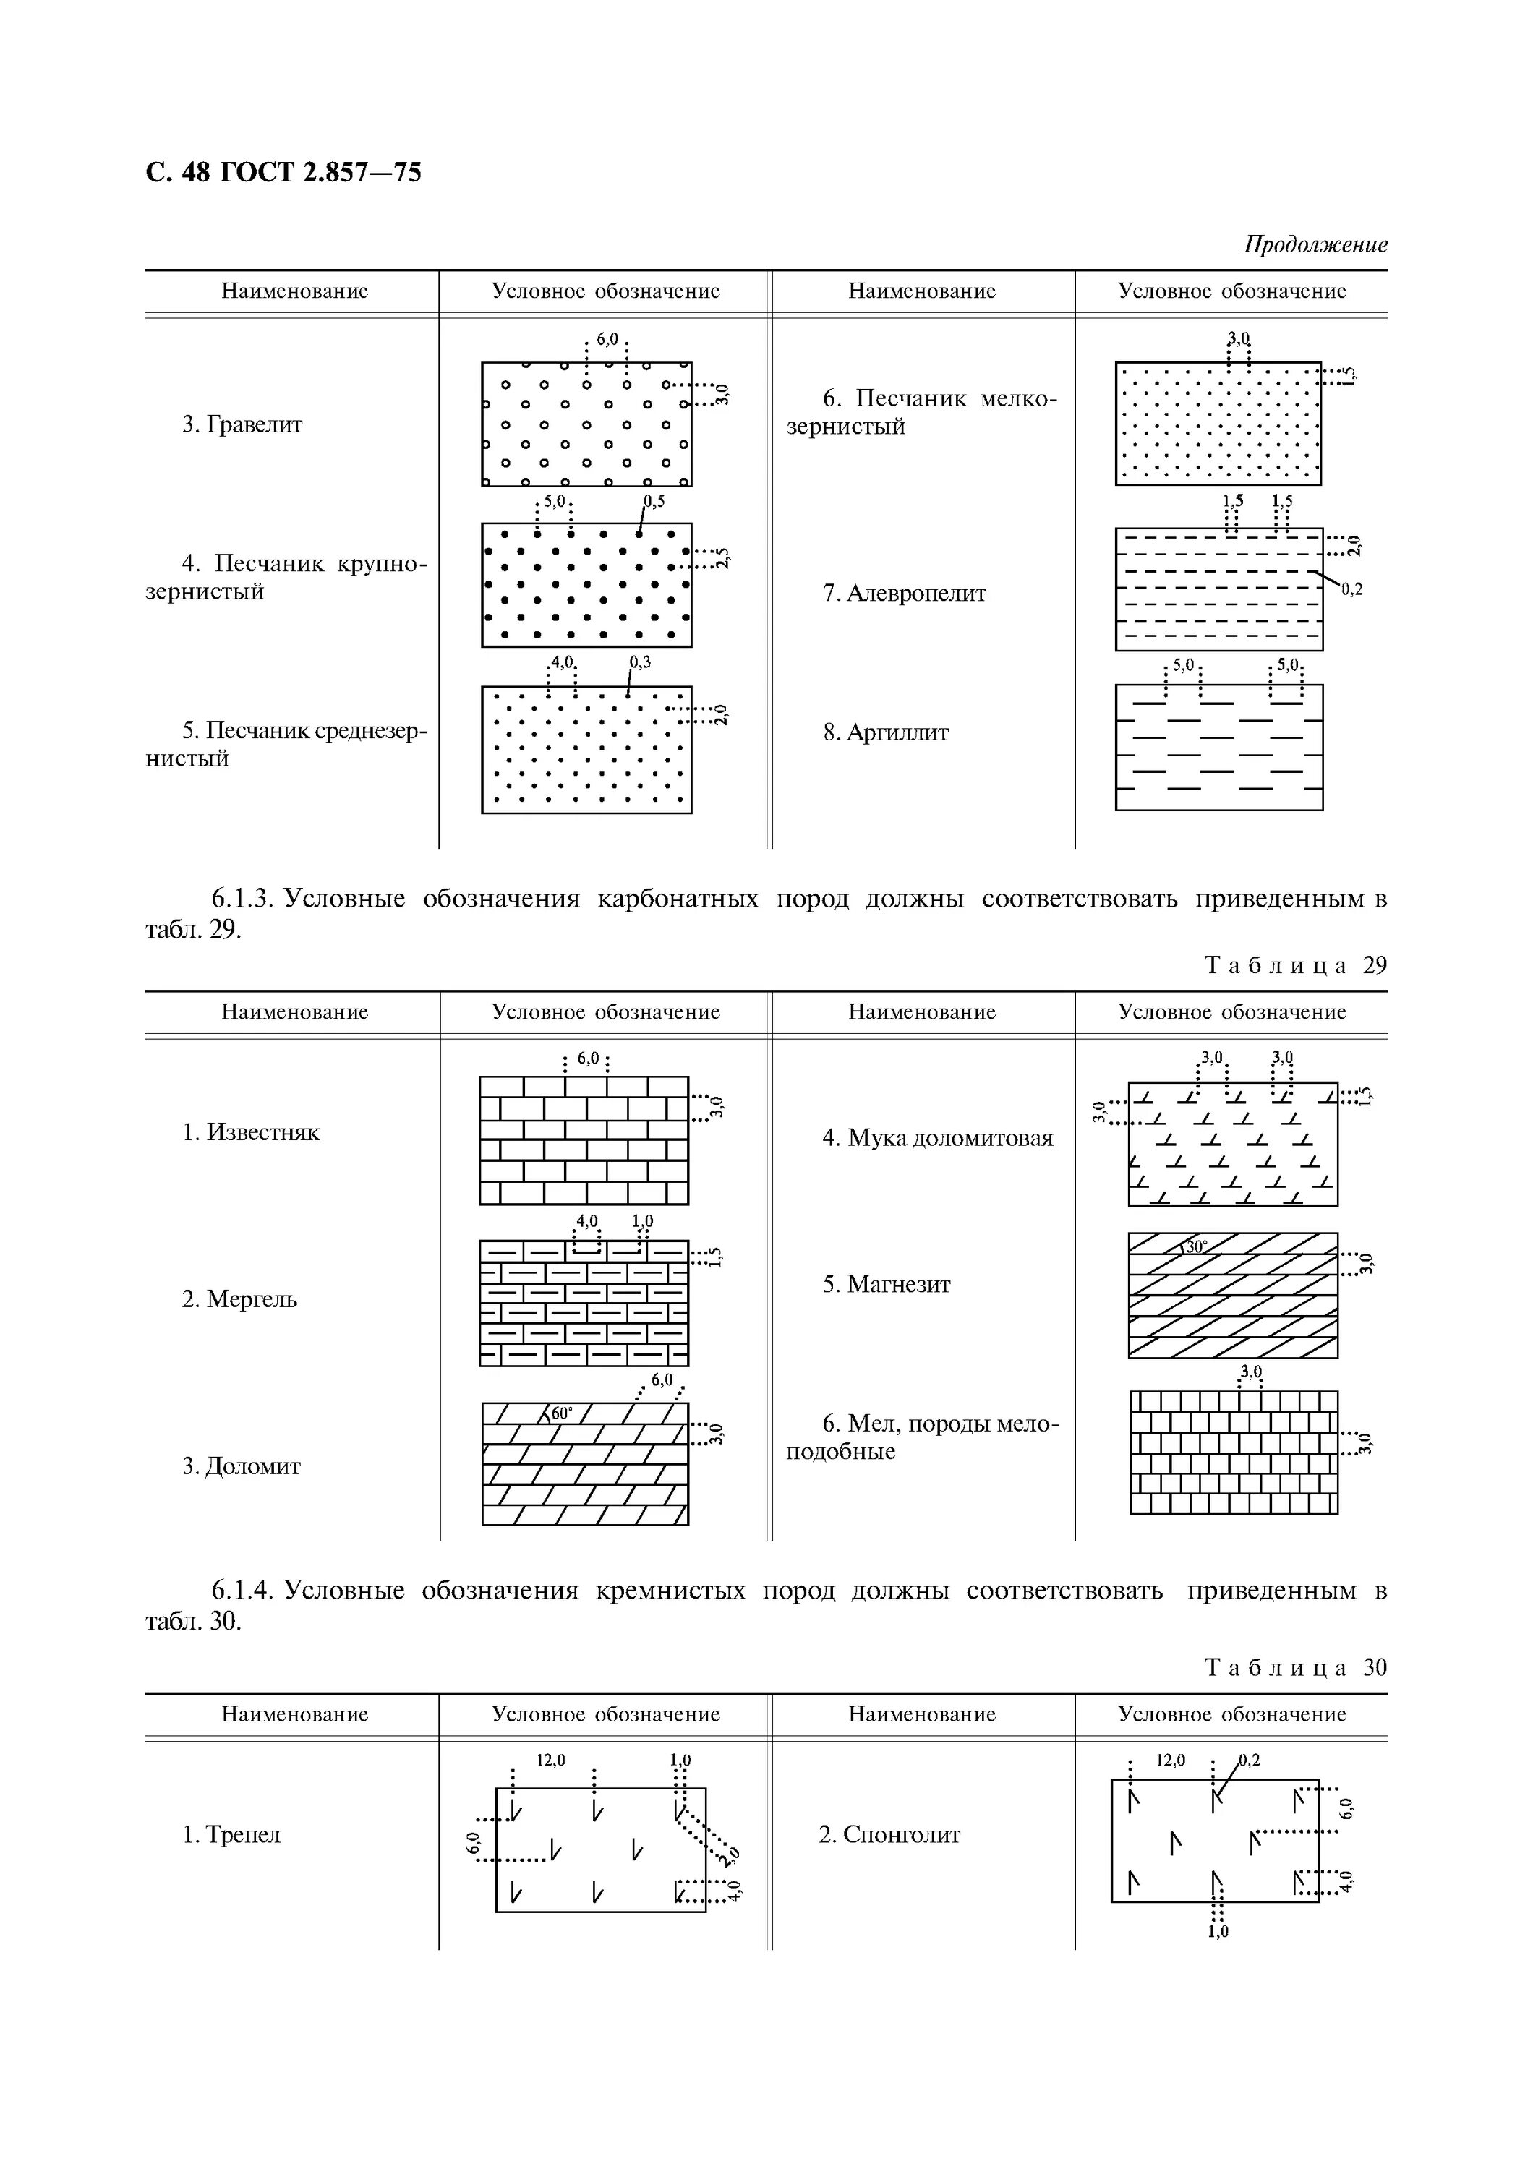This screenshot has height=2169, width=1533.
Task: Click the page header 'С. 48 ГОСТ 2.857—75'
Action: coord(283,173)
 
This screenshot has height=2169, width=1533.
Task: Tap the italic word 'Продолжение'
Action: coord(1315,244)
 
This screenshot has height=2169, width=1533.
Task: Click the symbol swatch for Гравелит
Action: coord(586,424)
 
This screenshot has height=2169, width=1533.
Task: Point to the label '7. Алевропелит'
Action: coord(904,594)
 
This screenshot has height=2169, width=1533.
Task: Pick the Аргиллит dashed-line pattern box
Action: coord(1218,748)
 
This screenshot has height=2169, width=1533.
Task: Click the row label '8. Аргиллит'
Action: coord(885,732)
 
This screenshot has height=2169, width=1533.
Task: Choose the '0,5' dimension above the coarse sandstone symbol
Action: coord(654,502)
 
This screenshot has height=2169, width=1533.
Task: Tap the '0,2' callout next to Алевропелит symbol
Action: coord(1351,589)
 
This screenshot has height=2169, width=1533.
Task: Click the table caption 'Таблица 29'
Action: coord(1296,964)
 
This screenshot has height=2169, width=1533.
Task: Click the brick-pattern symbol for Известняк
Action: coord(584,1140)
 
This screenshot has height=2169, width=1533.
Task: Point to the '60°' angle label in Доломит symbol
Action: coord(561,1414)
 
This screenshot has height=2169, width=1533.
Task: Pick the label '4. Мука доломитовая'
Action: coord(937,1137)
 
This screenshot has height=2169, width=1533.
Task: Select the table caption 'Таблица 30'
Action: coord(1296,1667)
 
